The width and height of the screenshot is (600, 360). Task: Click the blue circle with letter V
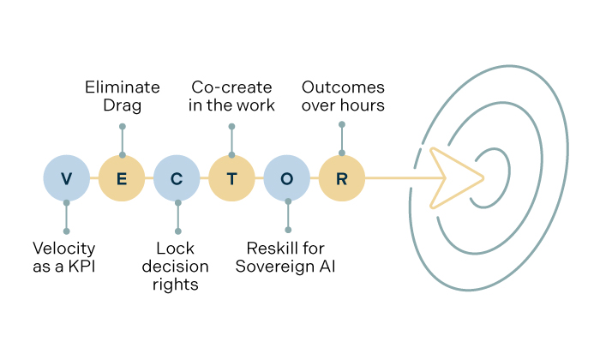coord(67,178)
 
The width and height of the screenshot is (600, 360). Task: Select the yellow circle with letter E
coord(122,178)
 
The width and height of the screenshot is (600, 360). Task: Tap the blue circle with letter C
coord(177,178)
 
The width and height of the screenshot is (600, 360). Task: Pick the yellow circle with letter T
coord(232,178)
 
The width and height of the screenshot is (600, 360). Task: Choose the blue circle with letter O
coord(287,178)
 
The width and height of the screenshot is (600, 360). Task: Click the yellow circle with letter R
coord(342,178)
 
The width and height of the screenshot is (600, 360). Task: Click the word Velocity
coord(64,249)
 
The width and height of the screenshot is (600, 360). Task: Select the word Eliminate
coord(122,87)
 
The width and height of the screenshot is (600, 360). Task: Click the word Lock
coord(177,249)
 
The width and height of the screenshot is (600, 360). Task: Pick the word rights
coord(177,285)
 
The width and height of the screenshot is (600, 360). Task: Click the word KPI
coord(81,267)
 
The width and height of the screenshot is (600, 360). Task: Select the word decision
coord(177,267)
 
